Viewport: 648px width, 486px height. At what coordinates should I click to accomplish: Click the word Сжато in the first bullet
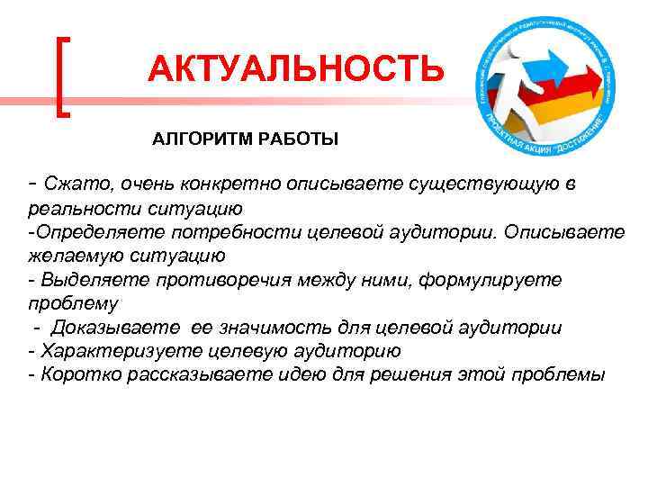coord(69,185)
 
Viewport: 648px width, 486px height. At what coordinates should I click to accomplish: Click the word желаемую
coord(67,256)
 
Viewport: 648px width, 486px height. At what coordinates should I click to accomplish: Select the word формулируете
coord(476,280)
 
